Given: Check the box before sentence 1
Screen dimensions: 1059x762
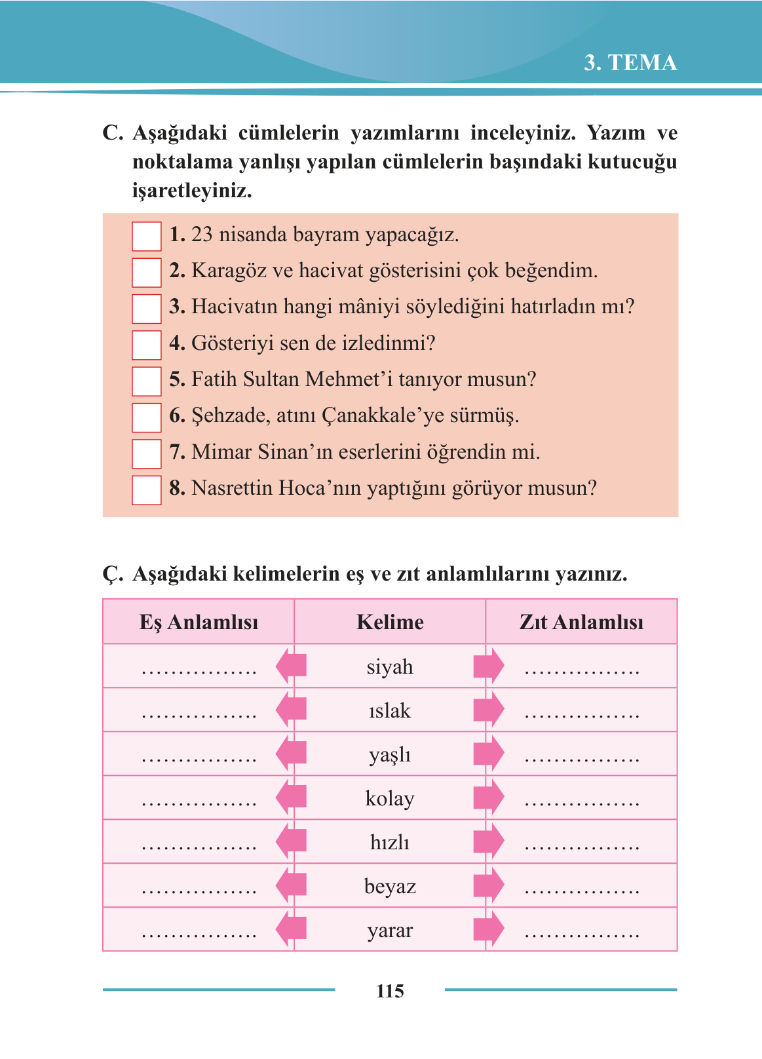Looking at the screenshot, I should tap(146, 237).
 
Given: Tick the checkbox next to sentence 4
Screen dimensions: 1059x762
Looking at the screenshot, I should tap(146, 345).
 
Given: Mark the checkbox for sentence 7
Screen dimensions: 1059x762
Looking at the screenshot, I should tap(146, 453).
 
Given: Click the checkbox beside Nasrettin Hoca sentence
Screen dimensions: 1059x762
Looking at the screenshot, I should tap(146, 490).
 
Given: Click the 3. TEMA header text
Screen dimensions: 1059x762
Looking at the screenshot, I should tap(630, 63).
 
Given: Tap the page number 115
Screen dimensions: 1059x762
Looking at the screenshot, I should tap(390, 991).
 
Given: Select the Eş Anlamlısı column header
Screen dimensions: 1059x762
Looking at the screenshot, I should tap(199, 622).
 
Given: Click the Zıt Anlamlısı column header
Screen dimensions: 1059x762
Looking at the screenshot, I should tap(581, 622).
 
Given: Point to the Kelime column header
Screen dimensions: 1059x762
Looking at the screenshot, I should tap(390, 622).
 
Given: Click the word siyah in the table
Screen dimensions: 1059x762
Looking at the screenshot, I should tap(390, 667).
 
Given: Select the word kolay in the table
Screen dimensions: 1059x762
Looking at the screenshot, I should tap(390, 799).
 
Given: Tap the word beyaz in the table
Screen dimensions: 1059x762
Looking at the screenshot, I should tap(390, 887).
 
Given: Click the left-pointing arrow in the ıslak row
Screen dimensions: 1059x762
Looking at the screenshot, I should tap(291, 710).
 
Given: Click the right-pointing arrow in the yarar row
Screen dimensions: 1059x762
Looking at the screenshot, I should tap(489, 929).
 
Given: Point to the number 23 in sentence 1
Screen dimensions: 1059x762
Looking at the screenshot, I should tap(202, 235).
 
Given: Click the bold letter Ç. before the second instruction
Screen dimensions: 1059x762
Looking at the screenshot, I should tap(113, 575).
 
